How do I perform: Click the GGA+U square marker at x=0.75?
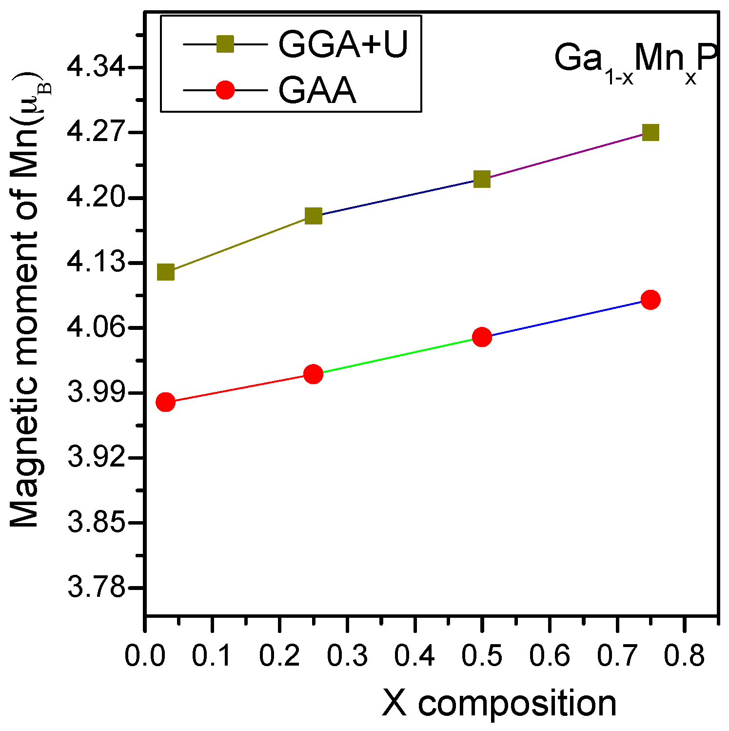[x=650, y=132]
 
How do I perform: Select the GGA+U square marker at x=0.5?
[x=481, y=179]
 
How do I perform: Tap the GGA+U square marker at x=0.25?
[x=313, y=216]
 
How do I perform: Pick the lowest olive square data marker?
[x=165, y=272]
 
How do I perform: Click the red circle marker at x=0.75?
[x=650, y=300]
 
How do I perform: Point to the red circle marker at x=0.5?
[x=481, y=337]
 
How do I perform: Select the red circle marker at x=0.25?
[x=313, y=374]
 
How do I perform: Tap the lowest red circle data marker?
[x=165, y=402]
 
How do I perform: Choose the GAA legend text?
[x=317, y=90]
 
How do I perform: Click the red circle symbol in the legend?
[x=225, y=90]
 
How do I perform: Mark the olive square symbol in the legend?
[x=225, y=45]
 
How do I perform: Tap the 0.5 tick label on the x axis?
[x=481, y=656]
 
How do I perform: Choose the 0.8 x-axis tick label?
[x=685, y=656]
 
